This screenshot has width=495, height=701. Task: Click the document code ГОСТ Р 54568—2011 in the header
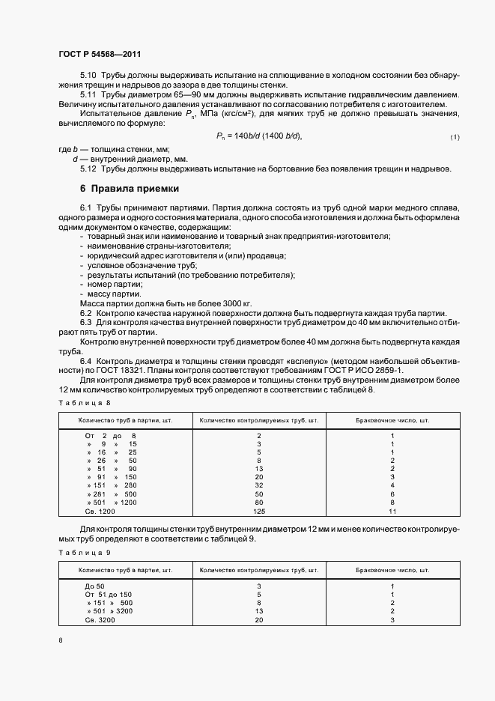(x=99, y=55)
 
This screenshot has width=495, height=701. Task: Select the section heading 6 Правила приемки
(x=129, y=188)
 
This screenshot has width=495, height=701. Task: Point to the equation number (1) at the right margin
(x=455, y=137)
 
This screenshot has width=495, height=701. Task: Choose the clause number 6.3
(x=86, y=322)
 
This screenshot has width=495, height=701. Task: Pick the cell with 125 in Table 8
(x=259, y=512)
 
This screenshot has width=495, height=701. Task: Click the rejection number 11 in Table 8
(x=392, y=512)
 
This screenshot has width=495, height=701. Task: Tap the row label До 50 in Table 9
(x=95, y=585)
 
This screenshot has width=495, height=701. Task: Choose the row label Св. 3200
(x=101, y=620)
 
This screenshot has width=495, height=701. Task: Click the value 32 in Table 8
(x=259, y=485)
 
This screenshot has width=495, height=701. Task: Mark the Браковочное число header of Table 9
(x=392, y=569)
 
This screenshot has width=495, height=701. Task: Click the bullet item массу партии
(x=114, y=294)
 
